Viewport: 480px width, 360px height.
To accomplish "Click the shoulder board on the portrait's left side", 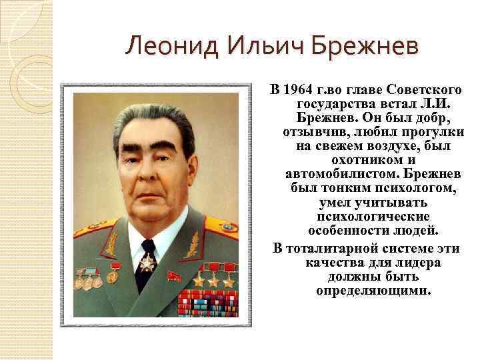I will click(x=88, y=232).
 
